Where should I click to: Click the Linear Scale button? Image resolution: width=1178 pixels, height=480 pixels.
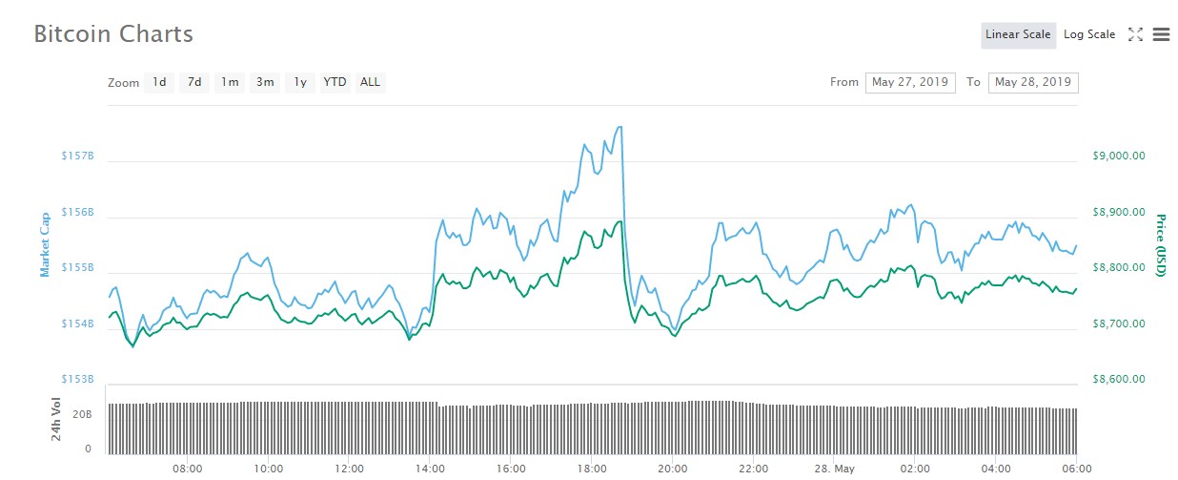click(1018, 35)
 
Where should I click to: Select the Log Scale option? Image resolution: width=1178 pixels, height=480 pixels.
click(1089, 34)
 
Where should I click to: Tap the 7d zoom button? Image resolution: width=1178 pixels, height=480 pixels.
click(194, 83)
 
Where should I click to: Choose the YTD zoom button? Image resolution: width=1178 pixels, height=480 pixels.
click(335, 83)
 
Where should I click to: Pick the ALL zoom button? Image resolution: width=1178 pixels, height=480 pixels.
click(370, 83)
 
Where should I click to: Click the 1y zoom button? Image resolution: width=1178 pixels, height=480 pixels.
click(300, 83)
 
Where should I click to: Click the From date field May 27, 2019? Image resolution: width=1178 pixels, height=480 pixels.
click(910, 83)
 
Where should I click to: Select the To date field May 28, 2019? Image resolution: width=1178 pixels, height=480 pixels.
click(1033, 83)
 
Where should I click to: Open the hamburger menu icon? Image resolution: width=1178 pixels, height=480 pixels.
click(1161, 34)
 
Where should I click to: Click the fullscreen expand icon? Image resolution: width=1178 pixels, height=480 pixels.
click(1135, 34)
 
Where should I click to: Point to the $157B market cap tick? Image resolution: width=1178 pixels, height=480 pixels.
click(77, 156)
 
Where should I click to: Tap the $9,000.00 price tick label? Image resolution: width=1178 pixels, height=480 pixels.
click(1119, 156)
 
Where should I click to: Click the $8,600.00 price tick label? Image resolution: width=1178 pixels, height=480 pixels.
click(1119, 379)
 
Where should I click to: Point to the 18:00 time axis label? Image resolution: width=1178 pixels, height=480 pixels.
click(592, 469)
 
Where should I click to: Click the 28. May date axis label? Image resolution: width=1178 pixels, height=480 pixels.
click(835, 469)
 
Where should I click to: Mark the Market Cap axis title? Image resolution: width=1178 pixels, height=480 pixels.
click(45, 244)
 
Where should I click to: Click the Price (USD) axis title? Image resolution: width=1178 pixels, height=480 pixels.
click(1161, 245)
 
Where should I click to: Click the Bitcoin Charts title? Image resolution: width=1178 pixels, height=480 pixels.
click(113, 34)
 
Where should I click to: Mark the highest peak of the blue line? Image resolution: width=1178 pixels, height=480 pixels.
click(621, 127)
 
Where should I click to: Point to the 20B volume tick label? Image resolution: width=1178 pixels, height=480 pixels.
click(82, 415)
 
